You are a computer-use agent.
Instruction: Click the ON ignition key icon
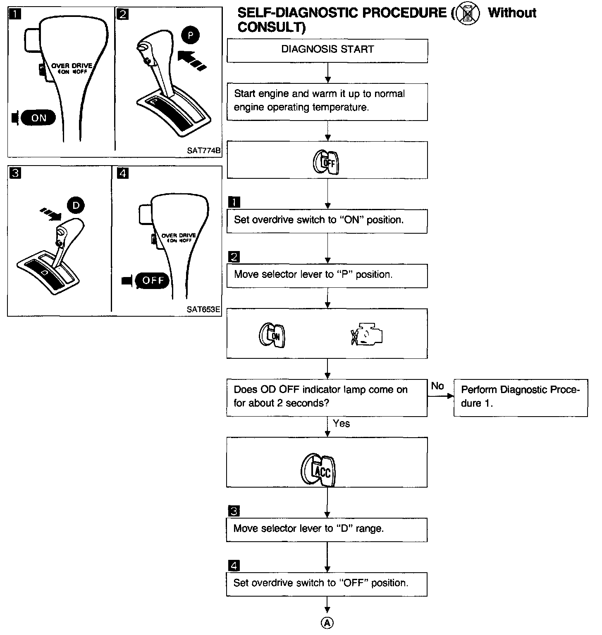pyautogui.click(x=272, y=335)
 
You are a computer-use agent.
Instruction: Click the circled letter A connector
pyautogui.click(x=327, y=623)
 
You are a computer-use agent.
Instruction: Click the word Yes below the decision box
pyautogui.click(x=341, y=423)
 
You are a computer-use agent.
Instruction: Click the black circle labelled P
pyautogui.click(x=190, y=36)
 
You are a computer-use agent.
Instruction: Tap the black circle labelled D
pyautogui.click(x=76, y=206)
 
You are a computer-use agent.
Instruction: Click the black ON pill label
pyautogui.click(x=38, y=118)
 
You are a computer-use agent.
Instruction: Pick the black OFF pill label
pyautogui.click(x=153, y=281)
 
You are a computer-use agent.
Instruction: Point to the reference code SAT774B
pyautogui.click(x=203, y=151)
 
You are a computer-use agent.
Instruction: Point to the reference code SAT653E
pyautogui.click(x=203, y=309)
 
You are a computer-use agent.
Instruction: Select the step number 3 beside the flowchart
pyautogui.click(x=234, y=512)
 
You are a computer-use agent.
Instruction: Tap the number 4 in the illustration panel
pyautogui.click(x=123, y=173)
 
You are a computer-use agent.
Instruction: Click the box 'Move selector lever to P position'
pyautogui.click(x=327, y=275)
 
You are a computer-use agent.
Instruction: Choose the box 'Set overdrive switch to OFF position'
pyautogui.click(x=327, y=584)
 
